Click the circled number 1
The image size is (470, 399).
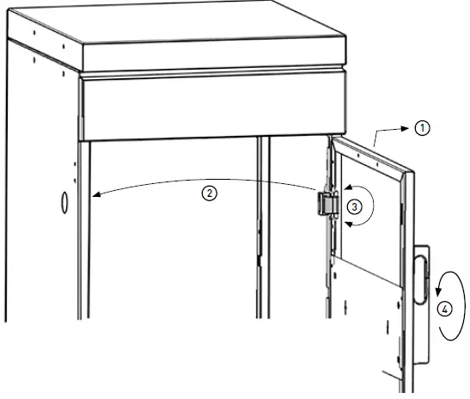421,127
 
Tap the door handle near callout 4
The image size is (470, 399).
419,277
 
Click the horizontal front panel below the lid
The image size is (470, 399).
215,107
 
